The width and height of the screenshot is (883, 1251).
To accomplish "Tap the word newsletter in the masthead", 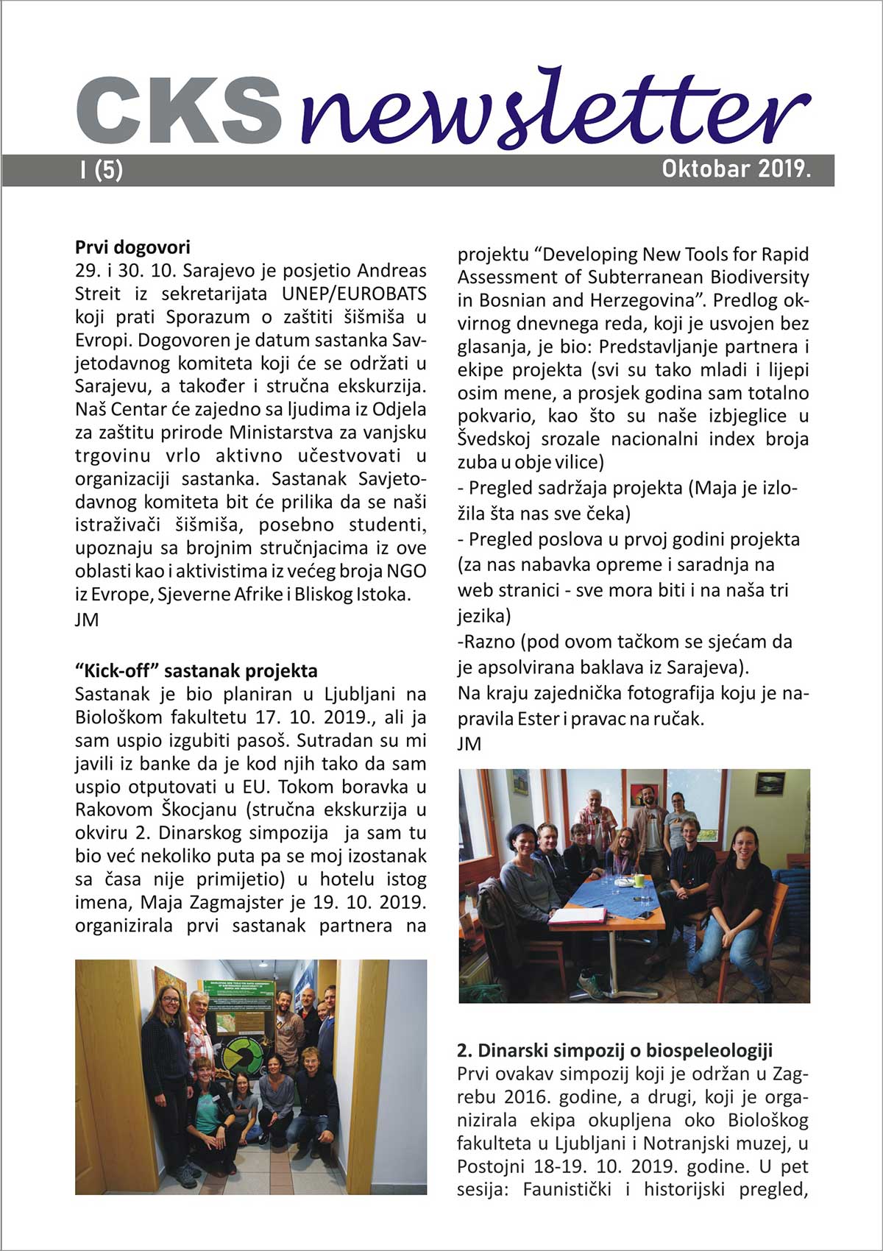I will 556,110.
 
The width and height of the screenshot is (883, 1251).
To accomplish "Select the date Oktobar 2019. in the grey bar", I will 736,169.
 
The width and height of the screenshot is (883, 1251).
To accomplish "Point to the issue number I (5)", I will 102,171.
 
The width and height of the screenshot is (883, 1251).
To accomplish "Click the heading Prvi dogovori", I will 132,247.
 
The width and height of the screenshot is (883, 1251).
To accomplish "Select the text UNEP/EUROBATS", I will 354,294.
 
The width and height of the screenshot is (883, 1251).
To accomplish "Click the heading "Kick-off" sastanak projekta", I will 196,670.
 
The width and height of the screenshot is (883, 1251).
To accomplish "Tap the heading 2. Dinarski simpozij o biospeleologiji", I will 614,1050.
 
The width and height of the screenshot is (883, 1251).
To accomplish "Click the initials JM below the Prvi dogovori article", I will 87,620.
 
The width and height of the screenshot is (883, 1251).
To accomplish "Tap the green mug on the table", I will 640,879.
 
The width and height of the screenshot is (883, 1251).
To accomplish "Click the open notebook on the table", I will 578,915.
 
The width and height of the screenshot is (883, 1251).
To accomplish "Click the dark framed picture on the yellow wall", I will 770,784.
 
